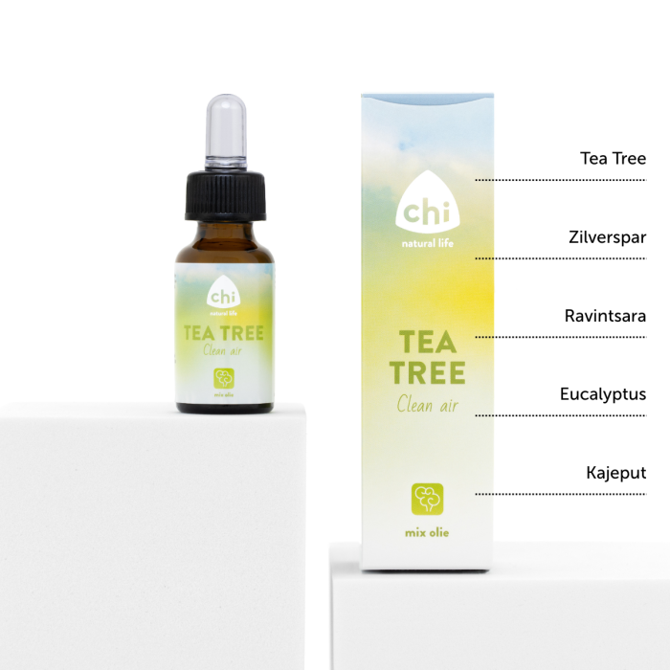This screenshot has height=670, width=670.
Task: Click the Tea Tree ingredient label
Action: click(613, 158)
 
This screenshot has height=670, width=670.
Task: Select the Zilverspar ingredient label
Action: click(606, 236)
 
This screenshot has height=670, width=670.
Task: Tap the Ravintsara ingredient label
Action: click(604, 315)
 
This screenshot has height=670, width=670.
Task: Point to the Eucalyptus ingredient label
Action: click(603, 393)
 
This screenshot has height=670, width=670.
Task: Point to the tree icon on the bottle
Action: click(224, 376)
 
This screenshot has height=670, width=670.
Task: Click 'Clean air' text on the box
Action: click(427, 404)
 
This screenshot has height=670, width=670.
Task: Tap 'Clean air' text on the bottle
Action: click(224, 350)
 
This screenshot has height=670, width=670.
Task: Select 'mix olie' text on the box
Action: click(427, 529)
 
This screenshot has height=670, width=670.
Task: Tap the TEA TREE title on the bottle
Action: click(224, 333)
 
